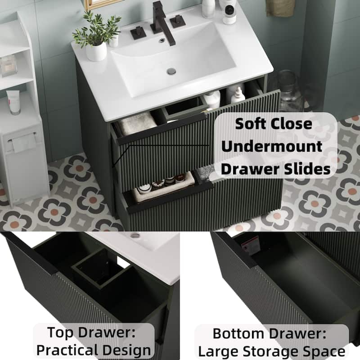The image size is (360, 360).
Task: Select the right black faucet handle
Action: [x=178, y=21]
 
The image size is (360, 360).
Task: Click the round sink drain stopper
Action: [x=171, y=71]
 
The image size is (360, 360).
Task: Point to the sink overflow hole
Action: [x=162, y=40]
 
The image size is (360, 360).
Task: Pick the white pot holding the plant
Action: [x=96, y=52]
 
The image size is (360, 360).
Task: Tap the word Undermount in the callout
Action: [x=272, y=146]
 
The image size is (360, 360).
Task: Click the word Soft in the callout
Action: [x=250, y=123]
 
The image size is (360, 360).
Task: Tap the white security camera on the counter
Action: [x=229, y=13]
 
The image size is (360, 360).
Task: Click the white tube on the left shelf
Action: [x=13, y=102]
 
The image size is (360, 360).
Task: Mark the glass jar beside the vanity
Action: [x=288, y=91]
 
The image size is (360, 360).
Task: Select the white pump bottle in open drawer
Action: [x=238, y=95]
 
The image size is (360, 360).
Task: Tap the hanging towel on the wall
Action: [x=280, y=8]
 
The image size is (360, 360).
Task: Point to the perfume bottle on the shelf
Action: [x=8, y=66]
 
